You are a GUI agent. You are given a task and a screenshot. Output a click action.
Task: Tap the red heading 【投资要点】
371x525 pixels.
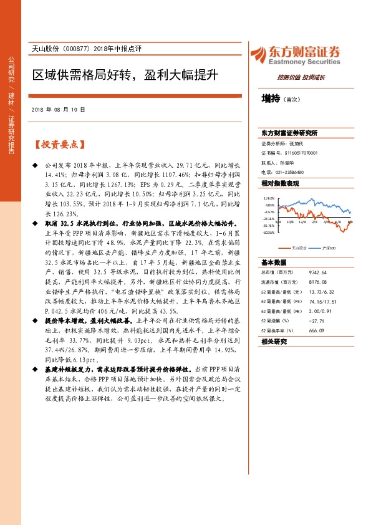pos(59,145)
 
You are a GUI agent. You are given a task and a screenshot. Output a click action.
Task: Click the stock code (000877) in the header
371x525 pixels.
pos(80,49)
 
